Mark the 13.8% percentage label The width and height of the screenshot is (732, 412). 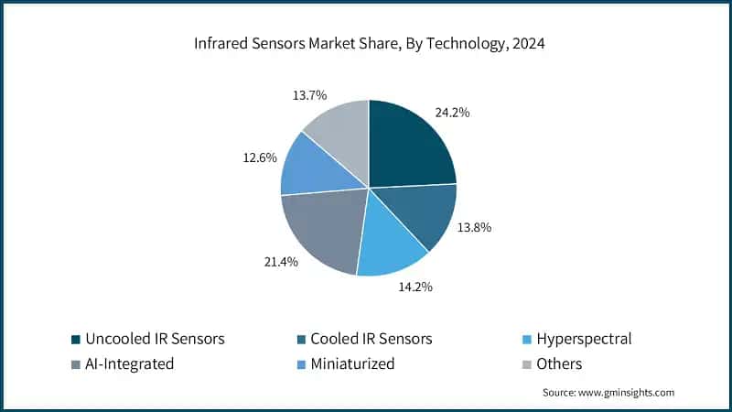click(x=475, y=226)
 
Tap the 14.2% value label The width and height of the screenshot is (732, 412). click(x=414, y=287)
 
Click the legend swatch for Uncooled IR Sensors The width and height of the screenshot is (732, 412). click(x=75, y=340)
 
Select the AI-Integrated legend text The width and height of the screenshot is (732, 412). click(x=129, y=363)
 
